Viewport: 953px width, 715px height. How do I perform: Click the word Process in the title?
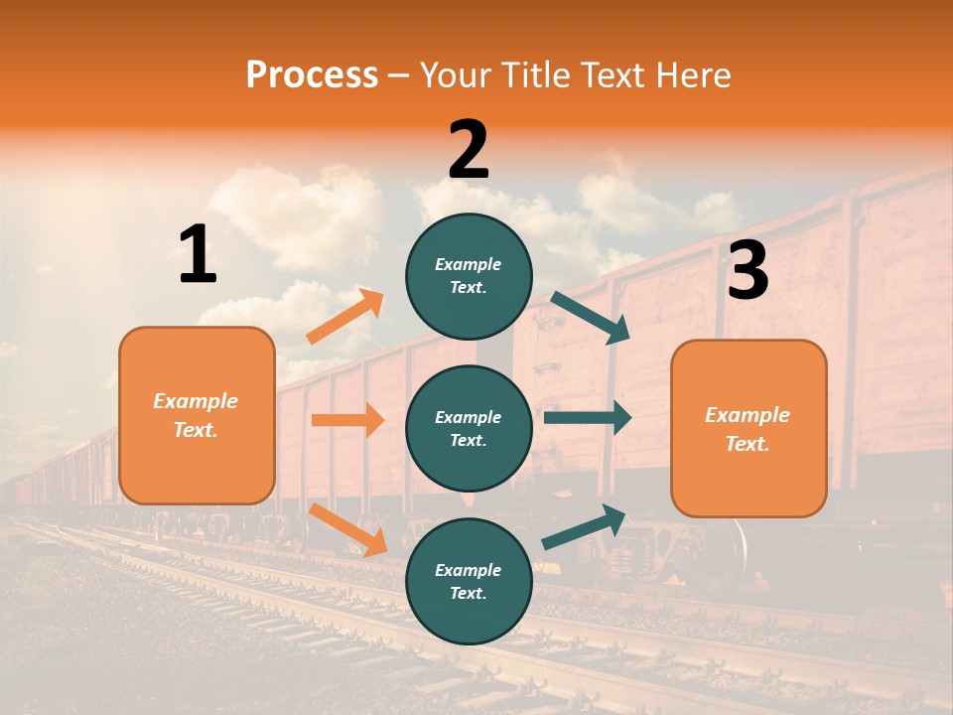coord(312,75)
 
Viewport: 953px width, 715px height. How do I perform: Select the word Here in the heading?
coord(692,75)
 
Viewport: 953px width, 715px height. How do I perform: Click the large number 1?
coord(198,255)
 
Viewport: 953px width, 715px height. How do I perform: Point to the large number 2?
coord(469,150)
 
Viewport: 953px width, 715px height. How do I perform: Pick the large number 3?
coord(748,271)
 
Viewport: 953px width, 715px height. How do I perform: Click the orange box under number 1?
coord(197,415)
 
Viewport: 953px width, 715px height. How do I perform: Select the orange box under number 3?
coord(749,428)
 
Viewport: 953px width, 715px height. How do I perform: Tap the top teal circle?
coord(469,275)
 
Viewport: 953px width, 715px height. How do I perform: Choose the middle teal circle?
coord(469,428)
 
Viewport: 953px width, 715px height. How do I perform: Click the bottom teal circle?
coord(469,581)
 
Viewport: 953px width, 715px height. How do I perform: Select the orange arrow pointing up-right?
coord(345,317)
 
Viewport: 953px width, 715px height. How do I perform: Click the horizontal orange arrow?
coord(347,420)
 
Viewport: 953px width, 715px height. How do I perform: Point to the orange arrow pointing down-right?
coord(348,529)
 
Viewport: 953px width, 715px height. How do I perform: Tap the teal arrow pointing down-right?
coord(591,318)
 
